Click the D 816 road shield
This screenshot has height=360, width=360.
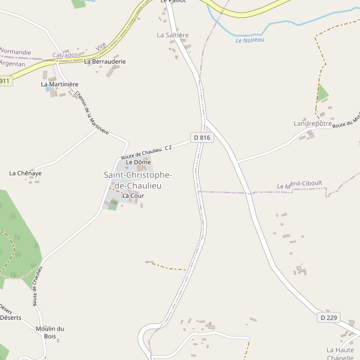(203, 137)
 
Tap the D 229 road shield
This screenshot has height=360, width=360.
(328, 317)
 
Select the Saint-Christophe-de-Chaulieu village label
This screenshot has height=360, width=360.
(138, 180)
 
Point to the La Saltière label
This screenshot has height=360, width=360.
(173, 35)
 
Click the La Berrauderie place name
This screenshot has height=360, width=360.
(105, 61)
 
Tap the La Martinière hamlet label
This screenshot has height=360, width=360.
(59, 85)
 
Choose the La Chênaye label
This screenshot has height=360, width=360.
(25, 173)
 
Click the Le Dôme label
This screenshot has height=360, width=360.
(138, 163)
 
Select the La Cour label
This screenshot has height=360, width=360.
(133, 196)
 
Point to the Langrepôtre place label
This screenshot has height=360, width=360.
(313, 124)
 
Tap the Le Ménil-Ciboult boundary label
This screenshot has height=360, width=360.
(299, 186)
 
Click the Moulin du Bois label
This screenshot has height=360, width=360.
(50, 332)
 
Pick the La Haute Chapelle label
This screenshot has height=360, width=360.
(340, 353)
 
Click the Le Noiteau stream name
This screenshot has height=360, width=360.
(250, 40)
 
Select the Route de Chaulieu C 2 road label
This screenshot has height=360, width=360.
(146, 152)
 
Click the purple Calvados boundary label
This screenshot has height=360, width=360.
(65, 55)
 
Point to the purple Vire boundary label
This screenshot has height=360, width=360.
(100, 46)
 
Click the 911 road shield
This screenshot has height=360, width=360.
(5, 81)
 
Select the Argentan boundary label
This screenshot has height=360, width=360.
(13, 64)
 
